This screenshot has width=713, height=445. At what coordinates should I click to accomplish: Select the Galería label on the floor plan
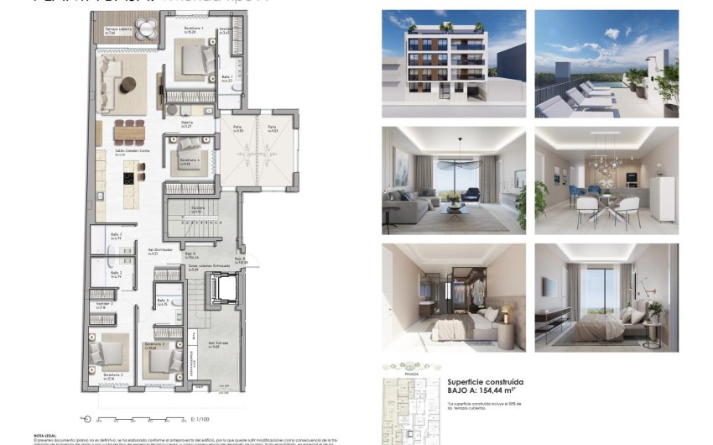(x=187, y=123)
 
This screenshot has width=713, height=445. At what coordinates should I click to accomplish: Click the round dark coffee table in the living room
(x=128, y=84)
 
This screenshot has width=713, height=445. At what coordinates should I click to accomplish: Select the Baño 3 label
(x=163, y=301)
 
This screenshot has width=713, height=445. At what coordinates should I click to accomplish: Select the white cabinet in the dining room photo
(x=662, y=199)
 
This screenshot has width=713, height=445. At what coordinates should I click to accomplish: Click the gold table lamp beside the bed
(x=507, y=314)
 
